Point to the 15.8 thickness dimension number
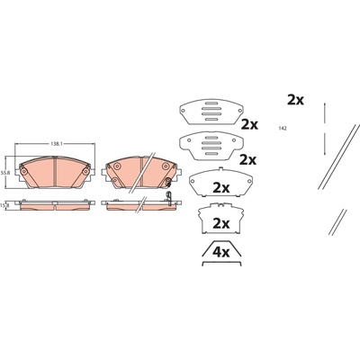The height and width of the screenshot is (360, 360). pos(5,205)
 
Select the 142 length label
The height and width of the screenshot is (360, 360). pos(283,128)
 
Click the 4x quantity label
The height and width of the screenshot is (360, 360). pos(220,253)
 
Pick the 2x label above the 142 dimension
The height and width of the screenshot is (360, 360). pos(295,100)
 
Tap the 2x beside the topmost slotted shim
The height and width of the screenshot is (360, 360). pos(249,124)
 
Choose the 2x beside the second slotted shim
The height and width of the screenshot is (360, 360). pos(247,160)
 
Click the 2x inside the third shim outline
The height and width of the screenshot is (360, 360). pos(220,188)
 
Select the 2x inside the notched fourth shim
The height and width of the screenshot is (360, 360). pos(220,223)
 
